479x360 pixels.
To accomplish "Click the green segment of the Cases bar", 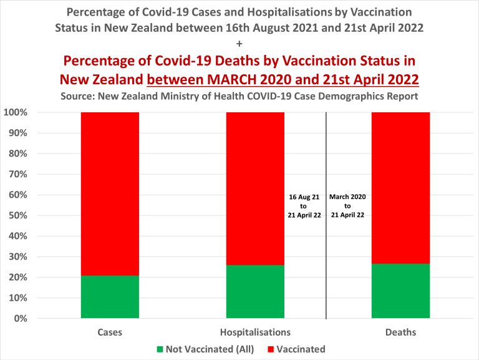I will point(110,297).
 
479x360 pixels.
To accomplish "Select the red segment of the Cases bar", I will point(110,193).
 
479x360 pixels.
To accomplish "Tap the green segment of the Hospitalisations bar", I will point(255,292).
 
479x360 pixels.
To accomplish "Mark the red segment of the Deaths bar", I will point(400,187).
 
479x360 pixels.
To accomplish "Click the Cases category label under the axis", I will point(110,332).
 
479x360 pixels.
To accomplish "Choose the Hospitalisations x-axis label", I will point(255,332).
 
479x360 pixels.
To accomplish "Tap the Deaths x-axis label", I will point(400,332).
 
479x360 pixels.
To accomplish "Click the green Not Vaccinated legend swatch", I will point(160,349).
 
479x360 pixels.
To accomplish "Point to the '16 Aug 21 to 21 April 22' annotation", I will point(304,206).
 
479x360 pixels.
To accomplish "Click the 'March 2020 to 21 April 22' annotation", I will point(347,206).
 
